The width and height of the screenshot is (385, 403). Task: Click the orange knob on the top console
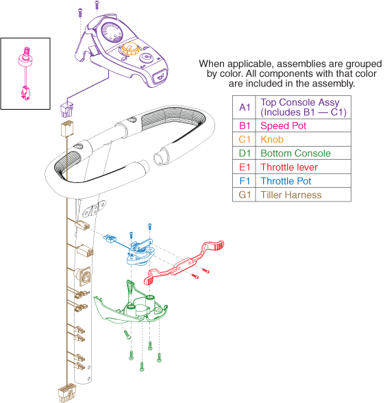pyautogui.click(x=129, y=48)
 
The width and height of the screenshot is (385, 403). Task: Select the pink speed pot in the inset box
pyautogui.click(x=25, y=73)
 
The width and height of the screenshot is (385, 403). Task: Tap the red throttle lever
pyautogui.click(x=184, y=263)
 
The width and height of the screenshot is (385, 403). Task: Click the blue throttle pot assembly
pyautogui.click(x=140, y=252)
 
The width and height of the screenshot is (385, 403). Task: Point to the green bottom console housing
pyautogui.click(x=130, y=305)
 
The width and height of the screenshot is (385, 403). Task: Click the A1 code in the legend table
pyautogui.click(x=245, y=107)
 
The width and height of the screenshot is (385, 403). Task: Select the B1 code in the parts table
pyautogui.click(x=245, y=125)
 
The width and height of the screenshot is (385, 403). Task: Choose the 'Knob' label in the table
pyautogui.click(x=272, y=140)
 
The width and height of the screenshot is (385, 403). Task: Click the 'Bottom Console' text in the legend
pyautogui.click(x=296, y=154)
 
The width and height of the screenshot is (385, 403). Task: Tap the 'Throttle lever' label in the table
pyautogui.click(x=289, y=167)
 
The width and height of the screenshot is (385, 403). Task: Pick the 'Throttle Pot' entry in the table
pyautogui.click(x=286, y=181)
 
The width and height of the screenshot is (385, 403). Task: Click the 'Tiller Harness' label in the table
pyautogui.click(x=291, y=195)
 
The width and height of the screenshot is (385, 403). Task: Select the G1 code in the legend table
pyautogui.click(x=245, y=195)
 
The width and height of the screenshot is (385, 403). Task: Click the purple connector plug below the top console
pyautogui.click(x=66, y=110)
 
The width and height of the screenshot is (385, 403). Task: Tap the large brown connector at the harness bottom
pyautogui.click(x=67, y=392)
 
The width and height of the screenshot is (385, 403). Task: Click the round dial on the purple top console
pyautogui.click(x=112, y=32)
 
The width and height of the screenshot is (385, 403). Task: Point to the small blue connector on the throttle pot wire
pyautogui.click(x=110, y=239)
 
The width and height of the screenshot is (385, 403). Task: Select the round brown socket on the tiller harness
pyautogui.click(x=82, y=276)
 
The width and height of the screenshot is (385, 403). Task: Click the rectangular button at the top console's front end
pyautogui.click(x=160, y=76)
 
